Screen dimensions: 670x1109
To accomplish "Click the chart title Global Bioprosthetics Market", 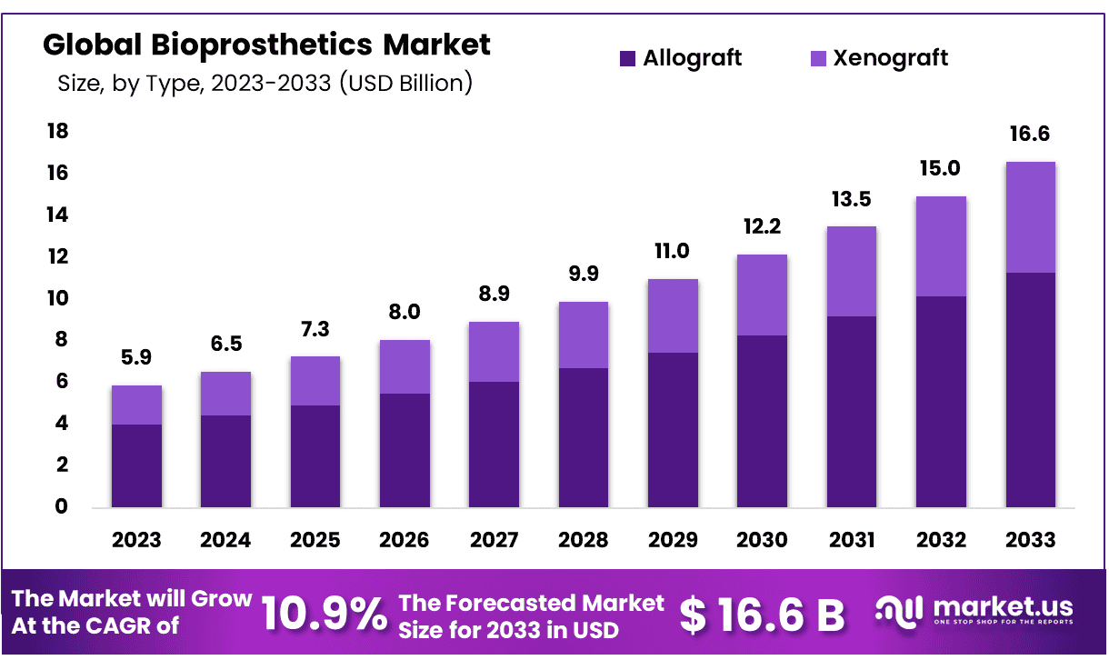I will [266, 44].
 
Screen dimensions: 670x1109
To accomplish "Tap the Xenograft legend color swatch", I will [818, 59].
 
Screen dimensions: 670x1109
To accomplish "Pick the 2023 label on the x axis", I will [136, 540].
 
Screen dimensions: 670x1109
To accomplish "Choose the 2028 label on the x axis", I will [583, 540].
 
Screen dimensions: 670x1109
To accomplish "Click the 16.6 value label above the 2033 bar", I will [1029, 135].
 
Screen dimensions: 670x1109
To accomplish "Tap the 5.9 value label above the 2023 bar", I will [136, 359].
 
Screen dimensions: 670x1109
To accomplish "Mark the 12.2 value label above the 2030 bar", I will [762, 226].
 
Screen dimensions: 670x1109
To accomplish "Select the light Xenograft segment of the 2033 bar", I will [1030, 217].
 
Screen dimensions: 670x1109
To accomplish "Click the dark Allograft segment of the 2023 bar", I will [136, 465].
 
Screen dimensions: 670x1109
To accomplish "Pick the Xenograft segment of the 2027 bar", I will [494, 352].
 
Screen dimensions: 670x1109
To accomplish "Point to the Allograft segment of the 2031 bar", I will [851, 412].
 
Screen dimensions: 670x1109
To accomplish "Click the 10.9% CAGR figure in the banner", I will [324, 615].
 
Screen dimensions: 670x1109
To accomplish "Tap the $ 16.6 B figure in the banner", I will [763, 615].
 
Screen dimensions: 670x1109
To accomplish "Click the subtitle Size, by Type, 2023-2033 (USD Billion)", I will [265, 84].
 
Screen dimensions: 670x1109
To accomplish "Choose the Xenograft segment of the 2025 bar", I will [315, 381].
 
